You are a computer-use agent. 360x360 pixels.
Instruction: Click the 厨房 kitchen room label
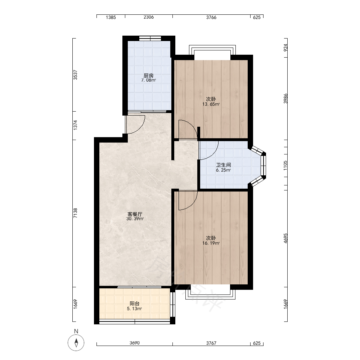pyautogui.click(x=149, y=75)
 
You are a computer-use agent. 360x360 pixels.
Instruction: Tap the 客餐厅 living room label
pyautogui.click(x=135, y=214)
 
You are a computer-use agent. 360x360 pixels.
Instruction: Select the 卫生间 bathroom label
pyautogui.click(x=224, y=165)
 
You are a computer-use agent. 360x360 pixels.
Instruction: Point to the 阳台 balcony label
pyautogui.click(x=135, y=303)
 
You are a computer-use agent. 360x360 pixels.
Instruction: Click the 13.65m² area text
pyautogui.click(x=211, y=104)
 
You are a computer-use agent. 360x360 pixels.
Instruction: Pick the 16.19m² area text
pyautogui.click(x=211, y=243)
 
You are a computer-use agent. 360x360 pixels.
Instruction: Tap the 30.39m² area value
pyautogui.click(x=135, y=219)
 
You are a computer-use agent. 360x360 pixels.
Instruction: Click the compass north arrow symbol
pyautogui.click(x=76, y=343)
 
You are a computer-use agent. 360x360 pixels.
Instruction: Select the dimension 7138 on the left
pyautogui.click(x=75, y=213)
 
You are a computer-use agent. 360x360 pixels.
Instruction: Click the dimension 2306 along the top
pyautogui.click(x=149, y=17)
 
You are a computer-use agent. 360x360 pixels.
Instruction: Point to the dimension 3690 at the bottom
pyautogui.click(x=135, y=343)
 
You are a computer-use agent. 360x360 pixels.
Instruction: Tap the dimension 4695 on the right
pyautogui.click(x=285, y=238)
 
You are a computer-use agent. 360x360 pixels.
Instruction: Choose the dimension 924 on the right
pyautogui.click(x=285, y=48)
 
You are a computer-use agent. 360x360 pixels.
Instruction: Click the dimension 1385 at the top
pyautogui.click(x=111, y=17)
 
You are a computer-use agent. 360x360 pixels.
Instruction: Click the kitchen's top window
pyautogui.click(x=150, y=39)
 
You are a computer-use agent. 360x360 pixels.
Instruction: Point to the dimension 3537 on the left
pyautogui.click(x=75, y=75)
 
